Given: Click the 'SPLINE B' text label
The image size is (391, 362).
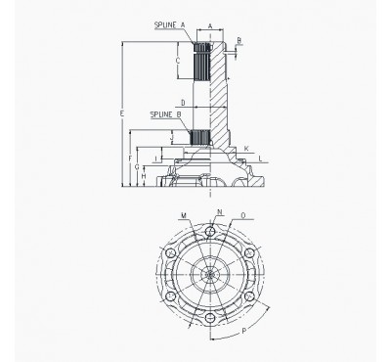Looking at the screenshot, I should tap(164, 114).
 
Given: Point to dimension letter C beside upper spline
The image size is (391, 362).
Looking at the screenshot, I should tap(177, 61).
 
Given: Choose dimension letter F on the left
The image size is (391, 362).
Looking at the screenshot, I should tap(131, 158).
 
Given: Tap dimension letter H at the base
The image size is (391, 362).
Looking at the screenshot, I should tap(145, 178).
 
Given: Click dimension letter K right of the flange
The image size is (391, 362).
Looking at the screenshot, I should tap(246, 148).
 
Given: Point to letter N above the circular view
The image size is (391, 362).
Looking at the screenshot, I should tap(219, 212).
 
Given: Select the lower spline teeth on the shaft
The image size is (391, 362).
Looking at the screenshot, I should tap(201, 136).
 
